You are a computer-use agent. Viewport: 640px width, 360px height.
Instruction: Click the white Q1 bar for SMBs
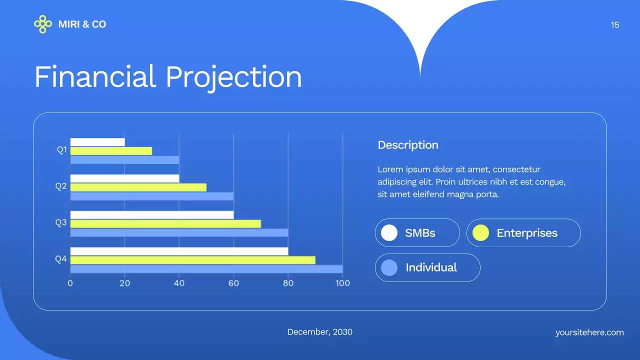pos(97,142)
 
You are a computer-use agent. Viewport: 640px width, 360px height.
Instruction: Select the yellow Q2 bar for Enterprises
pos(138,187)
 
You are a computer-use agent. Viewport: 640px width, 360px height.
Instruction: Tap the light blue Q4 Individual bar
pos(206,269)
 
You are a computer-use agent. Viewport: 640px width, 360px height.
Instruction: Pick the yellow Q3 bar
pos(165,223)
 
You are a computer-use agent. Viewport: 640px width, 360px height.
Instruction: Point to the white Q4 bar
pos(179,251)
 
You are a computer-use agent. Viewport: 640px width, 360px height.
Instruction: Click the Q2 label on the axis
pos(61,186)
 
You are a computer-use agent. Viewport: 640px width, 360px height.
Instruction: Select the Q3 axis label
pos(61,222)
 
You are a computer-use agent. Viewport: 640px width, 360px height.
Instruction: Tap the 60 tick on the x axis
pos(233,283)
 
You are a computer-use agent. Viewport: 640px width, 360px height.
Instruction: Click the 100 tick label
pos(342,283)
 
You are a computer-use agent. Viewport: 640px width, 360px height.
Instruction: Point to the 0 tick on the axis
pos(70,283)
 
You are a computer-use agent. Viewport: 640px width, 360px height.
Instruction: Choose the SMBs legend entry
pos(417,233)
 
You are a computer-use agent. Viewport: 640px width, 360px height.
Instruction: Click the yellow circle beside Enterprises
pos(480,233)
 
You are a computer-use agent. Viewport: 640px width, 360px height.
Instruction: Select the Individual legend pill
pos(427,267)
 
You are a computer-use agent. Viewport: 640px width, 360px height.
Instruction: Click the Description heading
pos(408,145)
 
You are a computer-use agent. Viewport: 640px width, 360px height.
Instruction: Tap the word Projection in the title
pos(233,77)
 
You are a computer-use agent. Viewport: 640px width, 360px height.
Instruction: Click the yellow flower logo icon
pos(43,24)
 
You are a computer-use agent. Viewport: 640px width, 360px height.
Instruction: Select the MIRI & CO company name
pos(82,24)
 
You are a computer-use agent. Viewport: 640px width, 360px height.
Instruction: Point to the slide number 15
pos(615,25)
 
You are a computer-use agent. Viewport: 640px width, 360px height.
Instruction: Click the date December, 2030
pos(320,332)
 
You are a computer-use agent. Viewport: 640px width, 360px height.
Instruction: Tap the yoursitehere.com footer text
pos(589,332)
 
